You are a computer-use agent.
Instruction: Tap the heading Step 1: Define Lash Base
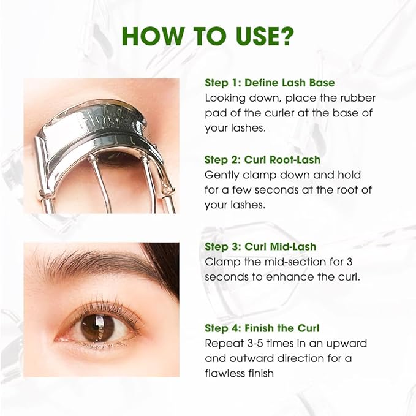coord(269,82)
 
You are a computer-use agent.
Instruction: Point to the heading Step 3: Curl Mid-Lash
coord(260,246)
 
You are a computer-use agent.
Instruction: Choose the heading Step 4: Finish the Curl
coord(262,328)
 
